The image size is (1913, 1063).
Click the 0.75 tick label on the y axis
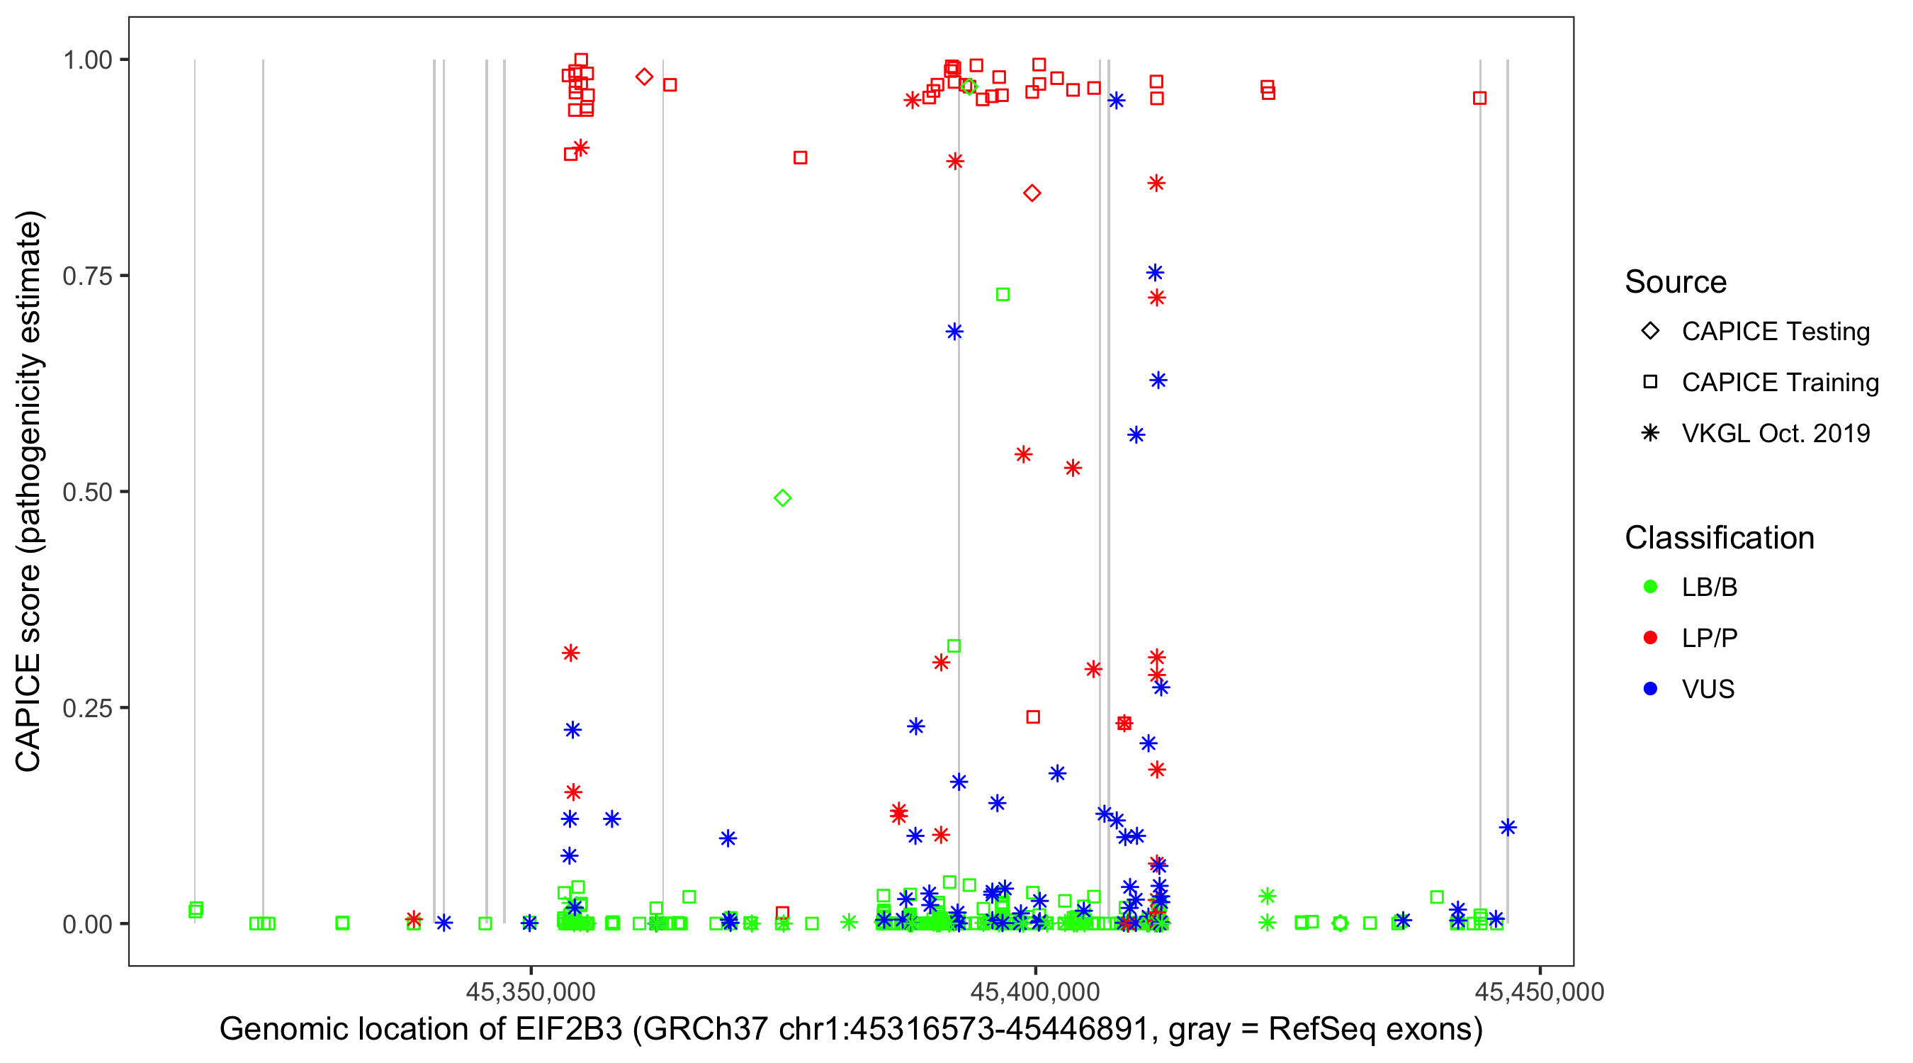[x=86, y=276]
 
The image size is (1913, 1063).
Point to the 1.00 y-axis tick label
[x=86, y=60]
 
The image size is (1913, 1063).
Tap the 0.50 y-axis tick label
[x=86, y=492]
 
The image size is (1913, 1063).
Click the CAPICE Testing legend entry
[x=1775, y=332]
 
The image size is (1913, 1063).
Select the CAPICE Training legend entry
[x=1779, y=383]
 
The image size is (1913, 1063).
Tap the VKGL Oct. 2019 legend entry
[x=1775, y=433]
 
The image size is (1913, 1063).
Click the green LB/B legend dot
[x=1650, y=587]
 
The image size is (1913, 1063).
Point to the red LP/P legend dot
[x=1650, y=638]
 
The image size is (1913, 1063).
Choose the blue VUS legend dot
[x=1650, y=689]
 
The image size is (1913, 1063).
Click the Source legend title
[x=1676, y=282]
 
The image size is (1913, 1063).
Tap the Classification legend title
[x=1719, y=538]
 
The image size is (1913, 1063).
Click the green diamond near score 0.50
[x=782, y=497]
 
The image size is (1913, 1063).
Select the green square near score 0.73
[x=1003, y=295]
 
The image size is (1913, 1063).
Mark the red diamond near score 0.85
[x=1032, y=193]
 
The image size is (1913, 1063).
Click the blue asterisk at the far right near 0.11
[x=1508, y=828]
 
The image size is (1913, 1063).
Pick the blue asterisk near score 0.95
[x=1116, y=101]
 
